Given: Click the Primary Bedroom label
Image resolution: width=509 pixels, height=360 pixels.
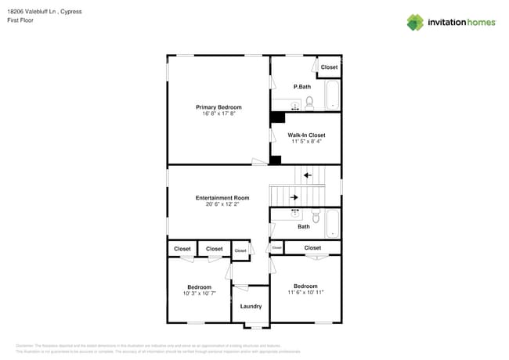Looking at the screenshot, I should click(218, 106).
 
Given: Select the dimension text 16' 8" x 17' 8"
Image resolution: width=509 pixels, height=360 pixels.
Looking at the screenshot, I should click(218, 113).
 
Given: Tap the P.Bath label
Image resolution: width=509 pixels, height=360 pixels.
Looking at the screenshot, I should click(302, 86).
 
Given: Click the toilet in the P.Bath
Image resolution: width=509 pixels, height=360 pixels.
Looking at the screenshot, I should click(310, 103).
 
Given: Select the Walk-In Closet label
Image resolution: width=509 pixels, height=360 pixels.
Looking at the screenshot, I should click(306, 135).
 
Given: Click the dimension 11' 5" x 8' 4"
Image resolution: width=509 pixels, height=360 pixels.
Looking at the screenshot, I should click(306, 142).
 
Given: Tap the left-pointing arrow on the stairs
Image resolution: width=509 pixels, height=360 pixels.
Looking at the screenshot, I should click(308, 175).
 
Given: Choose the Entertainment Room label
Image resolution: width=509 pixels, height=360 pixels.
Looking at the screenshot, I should click(222, 197).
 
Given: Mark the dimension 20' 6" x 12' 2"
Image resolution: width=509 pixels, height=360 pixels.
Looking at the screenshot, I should click(222, 204).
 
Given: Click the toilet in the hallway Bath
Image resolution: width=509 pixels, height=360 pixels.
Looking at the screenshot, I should click(316, 217).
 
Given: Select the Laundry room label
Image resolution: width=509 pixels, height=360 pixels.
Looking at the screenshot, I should click(251, 306).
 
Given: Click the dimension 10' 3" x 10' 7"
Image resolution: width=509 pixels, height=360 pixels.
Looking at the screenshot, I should click(199, 293).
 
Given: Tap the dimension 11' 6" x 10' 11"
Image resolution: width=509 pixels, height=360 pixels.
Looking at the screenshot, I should click(305, 292).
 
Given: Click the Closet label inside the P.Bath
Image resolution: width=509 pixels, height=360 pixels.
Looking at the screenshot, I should click(329, 67).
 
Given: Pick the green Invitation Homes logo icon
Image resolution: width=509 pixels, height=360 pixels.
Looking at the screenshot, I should click(415, 22).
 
